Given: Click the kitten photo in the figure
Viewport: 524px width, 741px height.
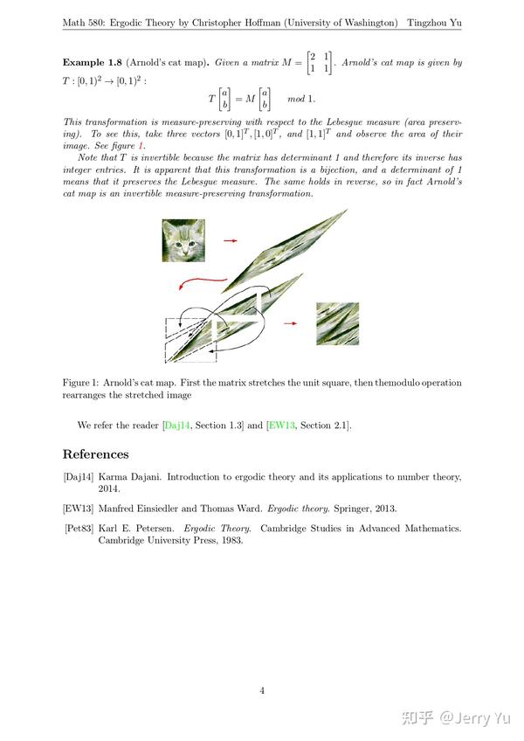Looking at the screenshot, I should point(184,240).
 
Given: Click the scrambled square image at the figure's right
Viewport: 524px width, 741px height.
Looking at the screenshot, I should point(337,324).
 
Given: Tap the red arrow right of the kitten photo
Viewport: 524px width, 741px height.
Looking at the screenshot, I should point(230,239).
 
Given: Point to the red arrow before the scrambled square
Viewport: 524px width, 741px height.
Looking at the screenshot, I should point(291,322).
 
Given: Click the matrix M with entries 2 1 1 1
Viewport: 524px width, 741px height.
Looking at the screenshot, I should point(319,62).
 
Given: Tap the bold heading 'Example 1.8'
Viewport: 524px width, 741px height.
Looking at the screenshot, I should point(92,63).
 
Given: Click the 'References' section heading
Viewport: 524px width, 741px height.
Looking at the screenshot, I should point(95,454).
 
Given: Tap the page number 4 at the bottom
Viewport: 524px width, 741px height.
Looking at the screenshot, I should point(262,690).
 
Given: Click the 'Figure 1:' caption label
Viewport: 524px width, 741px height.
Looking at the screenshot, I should point(82,383).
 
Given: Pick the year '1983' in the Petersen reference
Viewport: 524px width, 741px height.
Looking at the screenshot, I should point(226,540).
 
